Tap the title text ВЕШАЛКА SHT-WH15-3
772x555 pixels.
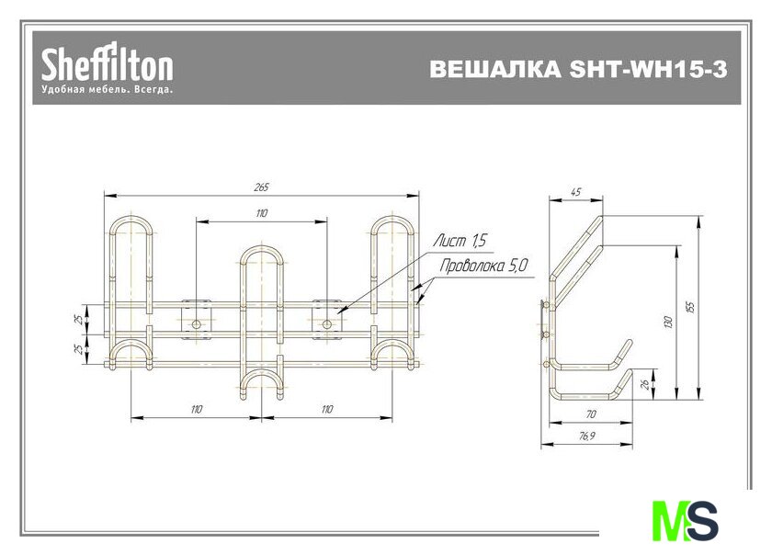[578, 70]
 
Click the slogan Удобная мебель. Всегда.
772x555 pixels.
[108, 90]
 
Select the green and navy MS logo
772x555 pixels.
[685, 520]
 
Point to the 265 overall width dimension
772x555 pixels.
[261, 187]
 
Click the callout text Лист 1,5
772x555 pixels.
[460, 241]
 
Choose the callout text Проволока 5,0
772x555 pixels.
[483, 266]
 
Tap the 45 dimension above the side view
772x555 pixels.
[575, 191]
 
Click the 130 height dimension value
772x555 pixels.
[668, 323]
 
